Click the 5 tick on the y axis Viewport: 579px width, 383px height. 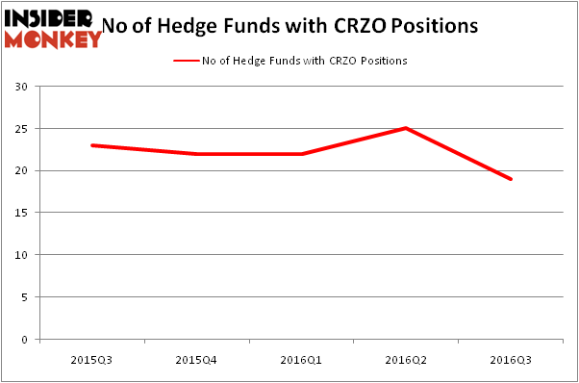(23, 297)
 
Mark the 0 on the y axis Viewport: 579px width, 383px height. (23, 340)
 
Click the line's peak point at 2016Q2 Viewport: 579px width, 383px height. (407, 128)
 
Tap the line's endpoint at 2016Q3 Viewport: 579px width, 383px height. (511, 179)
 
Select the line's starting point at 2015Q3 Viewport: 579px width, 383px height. (91, 145)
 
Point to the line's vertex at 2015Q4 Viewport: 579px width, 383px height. (195, 154)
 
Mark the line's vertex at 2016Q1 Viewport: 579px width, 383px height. (302, 154)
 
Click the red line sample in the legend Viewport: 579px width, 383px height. (185, 61)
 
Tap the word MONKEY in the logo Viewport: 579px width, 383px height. (53, 38)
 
